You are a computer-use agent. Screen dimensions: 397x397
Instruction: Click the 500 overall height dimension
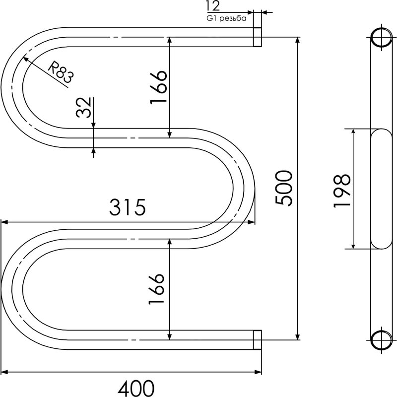point(284,188)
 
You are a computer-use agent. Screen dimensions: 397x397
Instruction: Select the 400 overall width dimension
point(136,388)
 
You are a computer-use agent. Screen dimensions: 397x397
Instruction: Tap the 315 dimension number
point(128,207)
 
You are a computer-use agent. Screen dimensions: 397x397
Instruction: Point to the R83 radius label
point(61,72)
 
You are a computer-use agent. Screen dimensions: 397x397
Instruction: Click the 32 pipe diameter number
point(83,107)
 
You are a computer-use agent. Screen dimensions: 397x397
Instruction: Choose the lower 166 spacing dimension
point(156,289)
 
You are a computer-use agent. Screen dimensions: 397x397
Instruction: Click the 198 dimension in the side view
point(342,191)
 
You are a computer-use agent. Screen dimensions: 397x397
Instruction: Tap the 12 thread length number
point(213,6)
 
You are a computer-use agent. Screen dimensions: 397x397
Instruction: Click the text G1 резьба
point(227,18)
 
